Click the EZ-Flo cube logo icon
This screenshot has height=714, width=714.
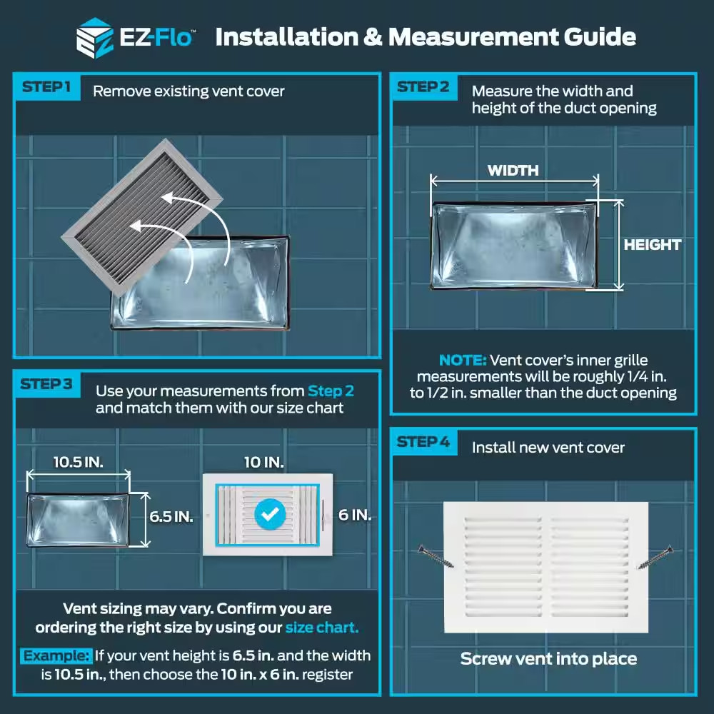pyautogui.click(x=95, y=39)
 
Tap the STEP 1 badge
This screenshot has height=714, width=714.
pyautogui.click(x=47, y=87)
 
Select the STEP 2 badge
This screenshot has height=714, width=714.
pyautogui.click(x=423, y=87)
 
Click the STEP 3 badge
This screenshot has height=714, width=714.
pyautogui.click(x=47, y=384)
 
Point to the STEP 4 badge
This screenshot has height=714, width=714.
pyautogui.click(x=423, y=442)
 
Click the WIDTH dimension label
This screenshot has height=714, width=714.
pyautogui.click(x=513, y=171)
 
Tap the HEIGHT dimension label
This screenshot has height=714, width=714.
pyautogui.click(x=653, y=245)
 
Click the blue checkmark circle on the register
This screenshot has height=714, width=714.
pyautogui.click(x=270, y=514)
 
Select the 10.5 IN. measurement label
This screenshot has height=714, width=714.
pyautogui.click(x=79, y=462)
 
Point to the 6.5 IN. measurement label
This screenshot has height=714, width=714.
pyautogui.click(x=171, y=517)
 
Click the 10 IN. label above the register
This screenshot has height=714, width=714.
pyautogui.click(x=264, y=463)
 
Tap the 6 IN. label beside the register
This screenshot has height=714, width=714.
pyautogui.click(x=355, y=515)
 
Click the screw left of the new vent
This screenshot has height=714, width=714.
pyautogui.click(x=436, y=556)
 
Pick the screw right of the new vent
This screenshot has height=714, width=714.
pyautogui.click(x=655, y=557)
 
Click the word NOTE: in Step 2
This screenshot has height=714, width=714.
pyautogui.click(x=463, y=361)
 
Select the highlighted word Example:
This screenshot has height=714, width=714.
pyautogui.click(x=56, y=655)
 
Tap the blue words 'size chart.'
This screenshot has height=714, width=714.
pyautogui.click(x=322, y=628)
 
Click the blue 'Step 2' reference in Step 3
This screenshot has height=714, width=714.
pyautogui.click(x=331, y=391)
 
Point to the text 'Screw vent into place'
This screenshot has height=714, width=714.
pyautogui.click(x=548, y=659)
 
